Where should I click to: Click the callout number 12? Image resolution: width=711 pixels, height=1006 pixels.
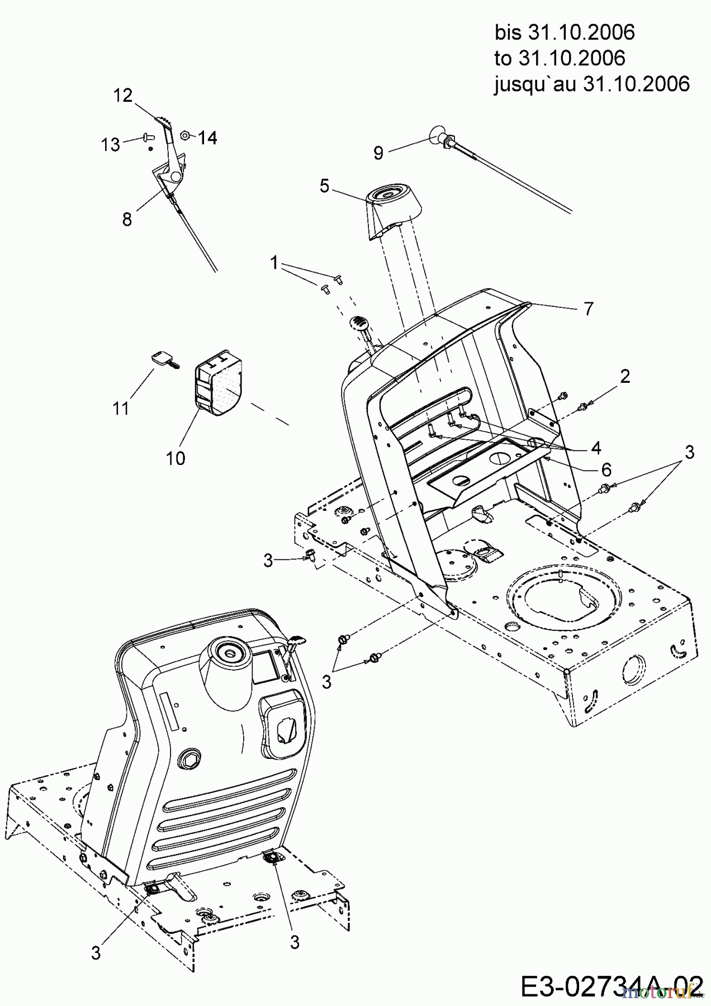pyautogui.click(x=123, y=96)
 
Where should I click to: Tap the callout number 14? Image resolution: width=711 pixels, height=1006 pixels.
pyautogui.click(x=207, y=137)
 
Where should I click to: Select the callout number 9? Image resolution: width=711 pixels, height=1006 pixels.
pyautogui.click(x=378, y=153)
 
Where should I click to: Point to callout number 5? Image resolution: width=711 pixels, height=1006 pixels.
pyautogui.click(x=325, y=186)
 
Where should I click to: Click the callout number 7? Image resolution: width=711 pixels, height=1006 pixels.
pyautogui.click(x=588, y=309)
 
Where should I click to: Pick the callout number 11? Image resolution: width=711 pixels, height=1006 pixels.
pyautogui.click(x=121, y=408)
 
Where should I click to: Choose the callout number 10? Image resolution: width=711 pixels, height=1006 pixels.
pyautogui.click(x=176, y=458)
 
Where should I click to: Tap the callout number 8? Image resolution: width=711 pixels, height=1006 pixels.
pyautogui.click(x=127, y=219)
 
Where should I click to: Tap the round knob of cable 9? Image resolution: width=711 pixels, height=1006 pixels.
pyautogui.click(x=438, y=135)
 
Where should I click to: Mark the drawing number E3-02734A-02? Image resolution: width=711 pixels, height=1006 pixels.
pyautogui.click(x=612, y=985)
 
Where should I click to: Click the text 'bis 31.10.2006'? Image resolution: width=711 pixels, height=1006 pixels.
pyautogui.click(x=565, y=33)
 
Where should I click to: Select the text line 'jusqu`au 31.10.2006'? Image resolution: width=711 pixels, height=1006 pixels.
pyautogui.click(x=592, y=84)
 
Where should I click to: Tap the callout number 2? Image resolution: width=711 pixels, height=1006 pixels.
pyautogui.click(x=624, y=376)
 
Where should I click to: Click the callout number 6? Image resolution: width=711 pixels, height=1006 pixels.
pyautogui.click(x=606, y=469)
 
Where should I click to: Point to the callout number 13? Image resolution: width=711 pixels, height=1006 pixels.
pyautogui.click(x=110, y=145)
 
